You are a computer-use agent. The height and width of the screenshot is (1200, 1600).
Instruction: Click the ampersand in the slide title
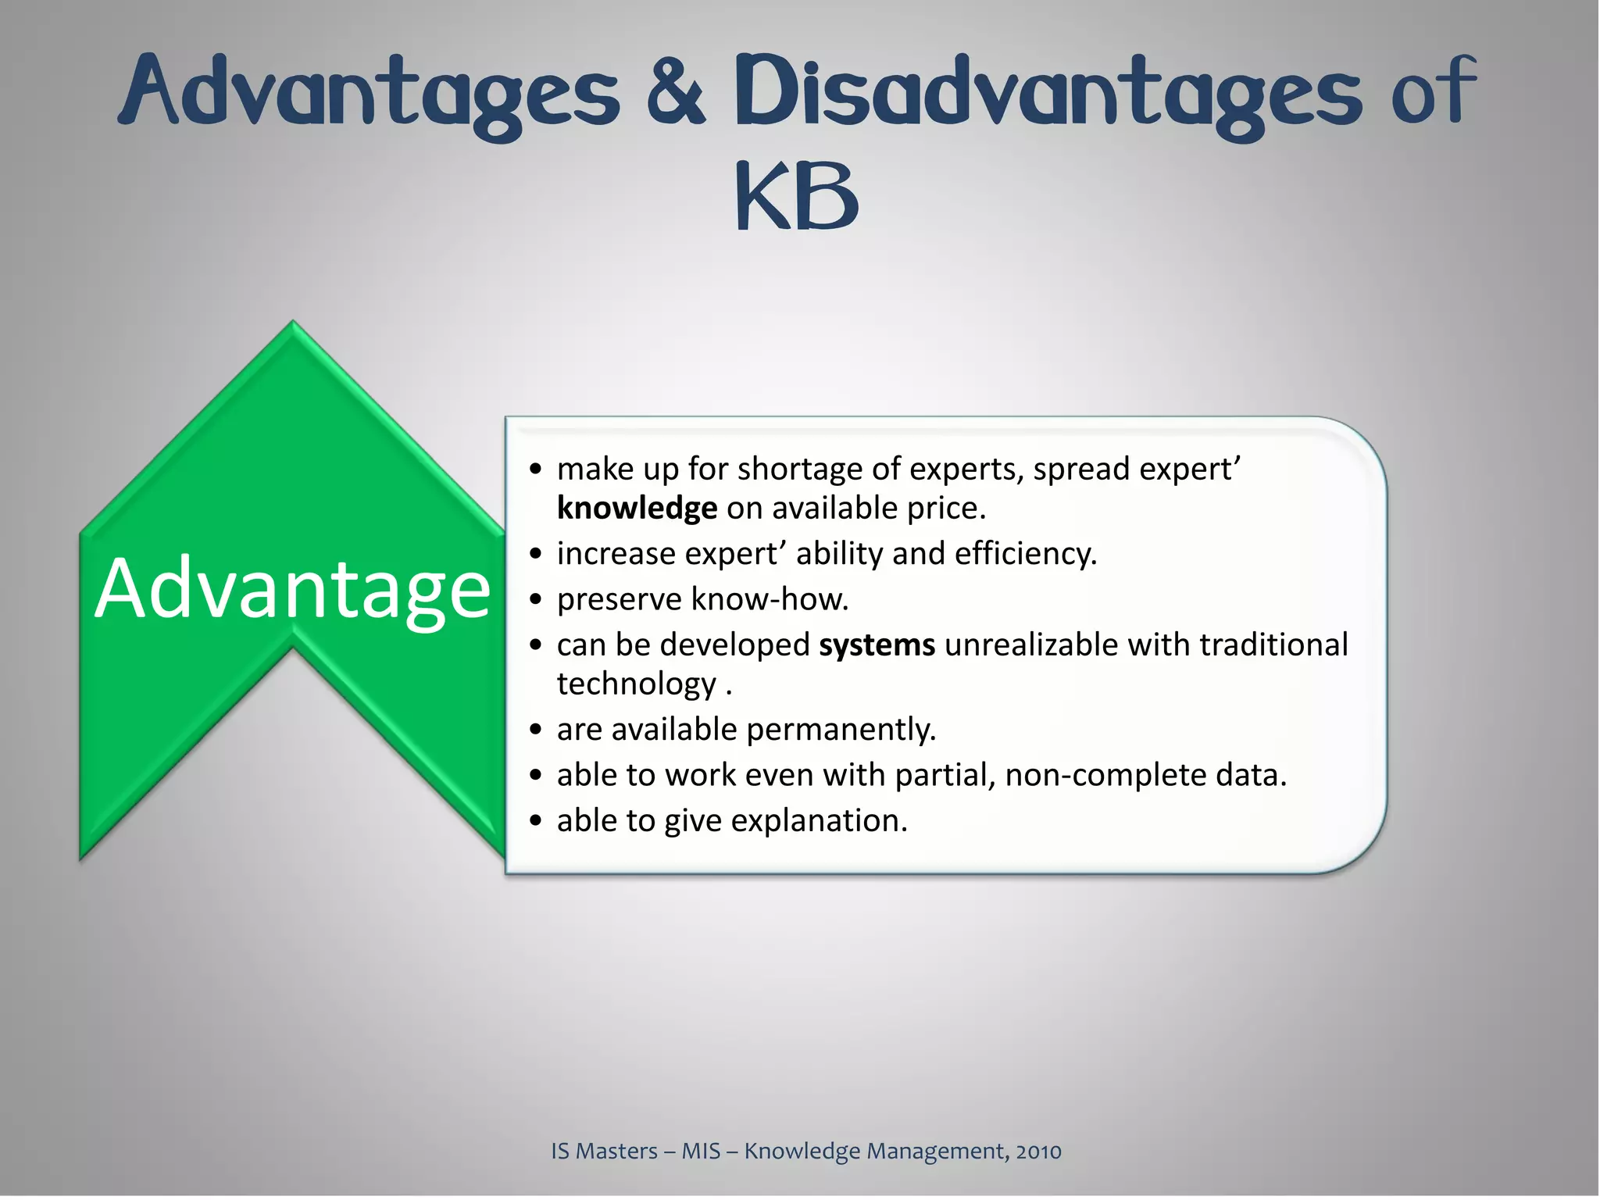point(675,92)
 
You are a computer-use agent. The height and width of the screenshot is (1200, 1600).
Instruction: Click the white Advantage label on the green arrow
point(292,591)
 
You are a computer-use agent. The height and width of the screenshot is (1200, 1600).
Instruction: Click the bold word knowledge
point(637,509)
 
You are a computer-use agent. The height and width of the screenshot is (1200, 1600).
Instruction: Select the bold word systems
point(877,645)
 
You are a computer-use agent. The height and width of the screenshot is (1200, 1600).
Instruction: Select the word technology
point(637,684)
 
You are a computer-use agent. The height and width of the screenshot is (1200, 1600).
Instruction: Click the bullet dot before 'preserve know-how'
point(535,600)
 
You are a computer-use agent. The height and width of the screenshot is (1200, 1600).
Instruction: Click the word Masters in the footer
point(616,1152)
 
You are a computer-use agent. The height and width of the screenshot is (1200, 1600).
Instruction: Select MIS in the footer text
point(701,1152)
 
